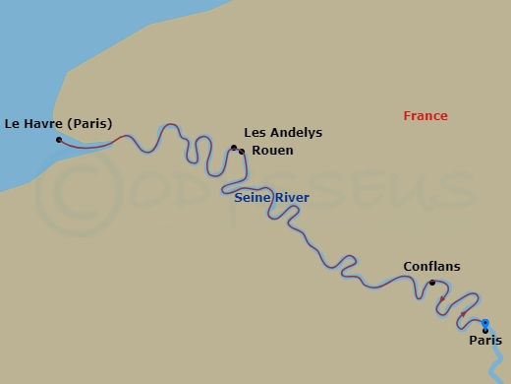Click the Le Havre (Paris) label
59,124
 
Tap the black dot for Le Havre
59,140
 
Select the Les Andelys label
283,133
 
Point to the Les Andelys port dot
234,148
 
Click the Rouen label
272,151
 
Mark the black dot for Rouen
242,152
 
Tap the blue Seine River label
271,198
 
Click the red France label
426,116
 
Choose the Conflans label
431,267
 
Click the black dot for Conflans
432,283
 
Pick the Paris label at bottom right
485,341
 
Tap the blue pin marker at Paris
484,323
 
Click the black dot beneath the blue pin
484,331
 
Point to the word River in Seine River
292,198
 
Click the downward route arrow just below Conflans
442,298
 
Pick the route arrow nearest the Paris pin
463,315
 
